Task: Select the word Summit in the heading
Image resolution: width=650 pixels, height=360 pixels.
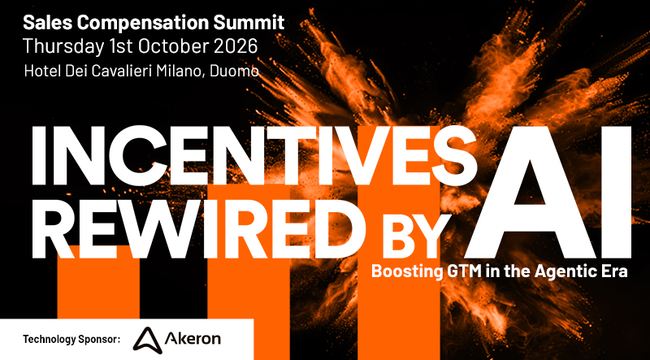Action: (x=255, y=23)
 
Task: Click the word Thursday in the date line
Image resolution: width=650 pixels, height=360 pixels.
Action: (x=63, y=47)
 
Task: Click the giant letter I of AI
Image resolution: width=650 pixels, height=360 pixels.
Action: (x=617, y=192)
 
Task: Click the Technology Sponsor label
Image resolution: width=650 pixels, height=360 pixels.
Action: (x=71, y=340)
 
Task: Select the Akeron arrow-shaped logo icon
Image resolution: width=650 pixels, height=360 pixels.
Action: (x=146, y=339)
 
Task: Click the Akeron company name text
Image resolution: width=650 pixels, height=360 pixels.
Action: (x=193, y=339)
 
